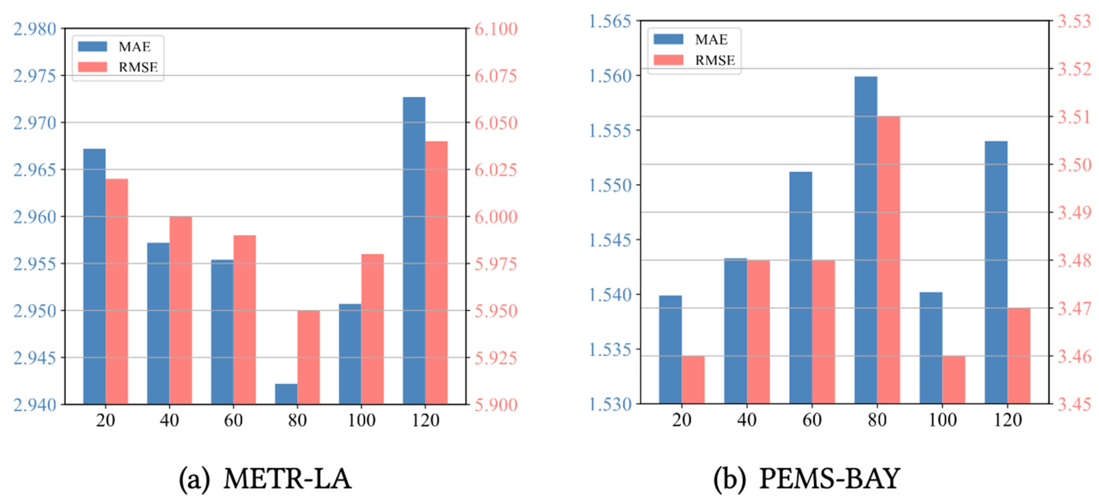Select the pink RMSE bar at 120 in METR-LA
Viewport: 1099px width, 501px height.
coord(436,272)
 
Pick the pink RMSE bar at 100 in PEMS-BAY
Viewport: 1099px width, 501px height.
coord(954,379)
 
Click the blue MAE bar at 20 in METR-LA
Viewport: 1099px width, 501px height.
coord(94,276)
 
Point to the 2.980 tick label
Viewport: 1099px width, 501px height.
coord(35,29)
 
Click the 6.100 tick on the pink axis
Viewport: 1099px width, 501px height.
coord(496,29)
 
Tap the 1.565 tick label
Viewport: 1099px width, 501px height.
coord(610,20)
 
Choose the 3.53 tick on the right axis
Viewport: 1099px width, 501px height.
coord(1074,20)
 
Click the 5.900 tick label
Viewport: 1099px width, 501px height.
coord(496,404)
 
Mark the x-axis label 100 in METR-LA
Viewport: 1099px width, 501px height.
coord(361,420)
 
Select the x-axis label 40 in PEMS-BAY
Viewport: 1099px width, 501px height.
coord(747,420)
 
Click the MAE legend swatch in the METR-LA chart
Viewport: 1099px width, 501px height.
coord(92,47)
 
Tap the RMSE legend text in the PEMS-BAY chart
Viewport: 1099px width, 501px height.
coord(715,60)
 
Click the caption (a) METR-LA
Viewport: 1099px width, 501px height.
coord(265,478)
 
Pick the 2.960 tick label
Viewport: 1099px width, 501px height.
coord(35,217)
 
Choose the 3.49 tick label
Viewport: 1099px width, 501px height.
coord(1074,212)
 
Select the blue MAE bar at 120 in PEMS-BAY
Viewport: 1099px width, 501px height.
coord(996,272)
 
